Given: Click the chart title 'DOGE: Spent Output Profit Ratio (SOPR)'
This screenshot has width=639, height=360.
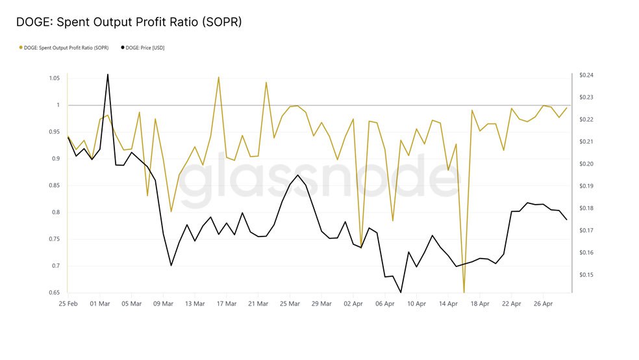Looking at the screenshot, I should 129,22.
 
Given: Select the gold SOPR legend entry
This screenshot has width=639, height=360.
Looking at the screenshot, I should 64,47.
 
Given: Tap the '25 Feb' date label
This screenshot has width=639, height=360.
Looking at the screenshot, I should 68,303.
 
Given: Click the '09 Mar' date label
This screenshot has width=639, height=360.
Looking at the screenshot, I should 163,303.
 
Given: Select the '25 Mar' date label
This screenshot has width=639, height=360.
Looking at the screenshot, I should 290,303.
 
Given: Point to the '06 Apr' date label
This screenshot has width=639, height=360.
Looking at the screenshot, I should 385,303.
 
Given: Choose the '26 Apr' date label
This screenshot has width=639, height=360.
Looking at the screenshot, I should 543,303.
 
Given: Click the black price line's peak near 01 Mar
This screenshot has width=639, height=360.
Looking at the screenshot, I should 107,73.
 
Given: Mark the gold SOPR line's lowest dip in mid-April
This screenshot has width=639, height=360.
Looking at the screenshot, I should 464,292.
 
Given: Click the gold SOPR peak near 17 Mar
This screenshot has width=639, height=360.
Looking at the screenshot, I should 218,77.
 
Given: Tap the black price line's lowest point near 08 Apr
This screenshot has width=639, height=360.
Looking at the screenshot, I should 401,292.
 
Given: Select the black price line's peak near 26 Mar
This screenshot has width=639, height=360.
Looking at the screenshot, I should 297,175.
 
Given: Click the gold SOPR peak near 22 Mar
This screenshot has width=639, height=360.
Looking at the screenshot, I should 266,82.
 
